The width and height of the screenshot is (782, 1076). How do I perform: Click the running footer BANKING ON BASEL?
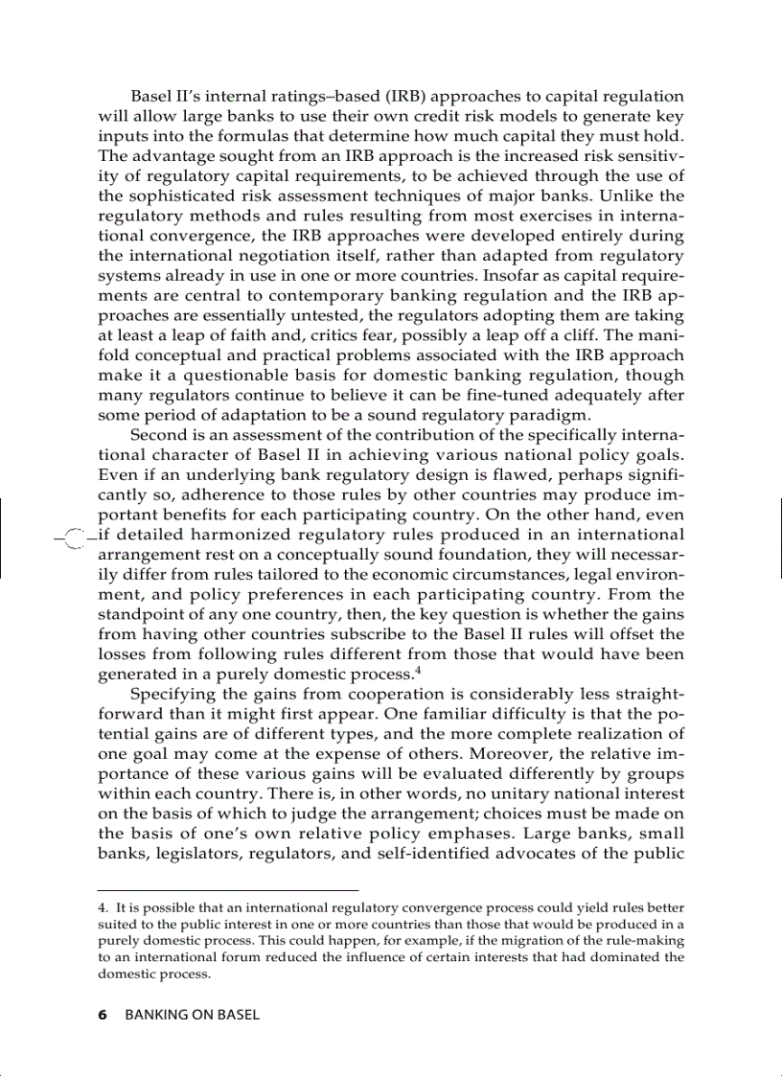click(192, 1015)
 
